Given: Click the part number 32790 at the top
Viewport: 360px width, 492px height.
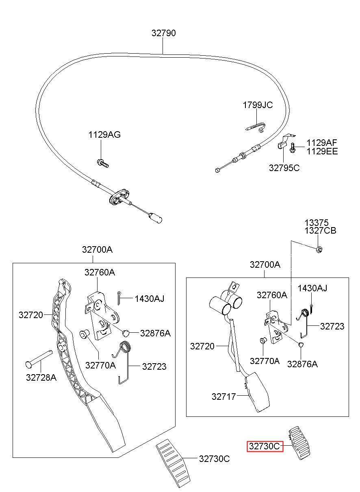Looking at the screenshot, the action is pyautogui.click(x=163, y=33).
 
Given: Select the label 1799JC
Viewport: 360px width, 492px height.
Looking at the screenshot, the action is pyautogui.click(x=258, y=105).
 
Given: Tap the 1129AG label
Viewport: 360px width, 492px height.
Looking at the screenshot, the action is pyautogui.click(x=104, y=134).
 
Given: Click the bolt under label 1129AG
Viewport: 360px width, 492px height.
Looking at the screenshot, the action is pyautogui.click(x=103, y=163).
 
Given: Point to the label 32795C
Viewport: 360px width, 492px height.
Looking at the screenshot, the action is pyautogui.click(x=284, y=168).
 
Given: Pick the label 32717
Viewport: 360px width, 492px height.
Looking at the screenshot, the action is pyautogui.click(x=223, y=397).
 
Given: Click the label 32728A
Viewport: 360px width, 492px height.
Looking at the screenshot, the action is pyautogui.click(x=41, y=377).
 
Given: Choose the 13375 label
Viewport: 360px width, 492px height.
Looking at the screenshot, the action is pyautogui.click(x=316, y=223).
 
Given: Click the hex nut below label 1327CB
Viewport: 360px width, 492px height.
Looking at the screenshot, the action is pyautogui.click(x=319, y=249).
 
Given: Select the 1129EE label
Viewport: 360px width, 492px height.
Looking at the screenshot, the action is pyautogui.click(x=322, y=151).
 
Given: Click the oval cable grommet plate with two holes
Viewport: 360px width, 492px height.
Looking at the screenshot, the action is pyautogui.click(x=119, y=197).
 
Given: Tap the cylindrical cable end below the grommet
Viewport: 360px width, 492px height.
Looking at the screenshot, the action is pyautogui.click(x=155, y=218).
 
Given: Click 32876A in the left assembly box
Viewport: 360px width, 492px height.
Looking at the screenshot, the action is pyautogui.click(x=155, y=333).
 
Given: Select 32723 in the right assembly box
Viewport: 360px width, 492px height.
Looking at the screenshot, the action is pyautogui.click(x=332, y=326).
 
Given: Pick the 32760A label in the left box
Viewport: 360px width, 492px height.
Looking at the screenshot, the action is pyautogui.click(x=100, y=272).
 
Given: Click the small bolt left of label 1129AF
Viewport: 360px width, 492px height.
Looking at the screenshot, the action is pyautogui.click(x=293, y=147).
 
